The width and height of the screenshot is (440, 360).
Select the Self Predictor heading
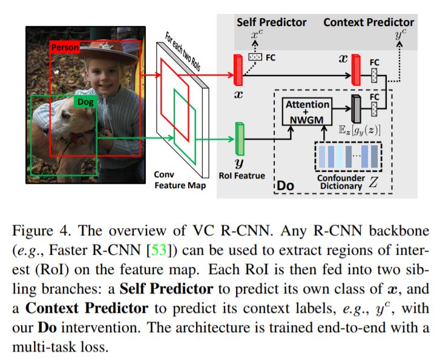[271, 22]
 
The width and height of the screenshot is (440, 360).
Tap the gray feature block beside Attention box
[356, 108]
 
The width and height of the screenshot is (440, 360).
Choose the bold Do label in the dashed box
[284, 185]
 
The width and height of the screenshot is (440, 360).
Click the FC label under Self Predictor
[271, 58]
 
